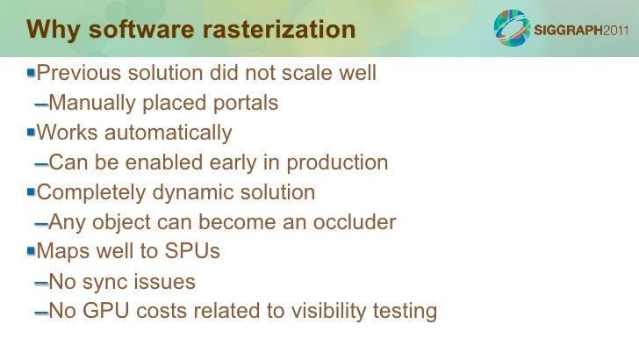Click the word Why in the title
pyautogui.click(x=50, y=30)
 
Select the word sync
pyautogui.click(x=108, y=282)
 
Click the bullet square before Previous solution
pyautogui.click(x=31, y=73)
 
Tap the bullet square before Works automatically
pyautogui.click(x=31, y=133)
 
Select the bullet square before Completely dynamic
pyautogui.click(x=31, y=191)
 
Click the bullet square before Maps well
pyautogui.click(x=31, y=251)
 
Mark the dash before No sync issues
pyautogui.click(x=40, y=284)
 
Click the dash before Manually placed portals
pyautogui.click(x=40, y=105)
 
